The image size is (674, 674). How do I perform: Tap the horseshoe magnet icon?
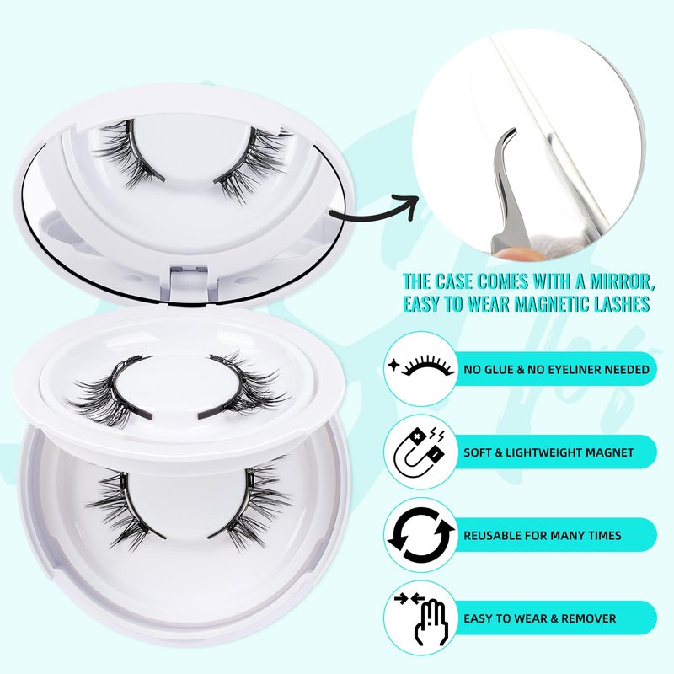pyautogui.click(x=420, y=452)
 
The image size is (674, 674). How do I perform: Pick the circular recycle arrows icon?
pyautogui.click(x=420, y=536)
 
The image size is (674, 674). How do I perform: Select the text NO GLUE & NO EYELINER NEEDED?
pyautogui.click(x=556, y=370)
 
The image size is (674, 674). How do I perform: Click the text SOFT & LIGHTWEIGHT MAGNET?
pyautogui.click(x=548, y=452)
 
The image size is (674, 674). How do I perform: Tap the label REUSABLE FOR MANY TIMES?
pyautogui.click(x=543, y=536)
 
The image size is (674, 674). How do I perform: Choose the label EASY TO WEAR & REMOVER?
pyautogui.click(x=540, y=618)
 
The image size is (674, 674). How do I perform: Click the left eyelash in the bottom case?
pyautogui.click(x=126, y=507)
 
